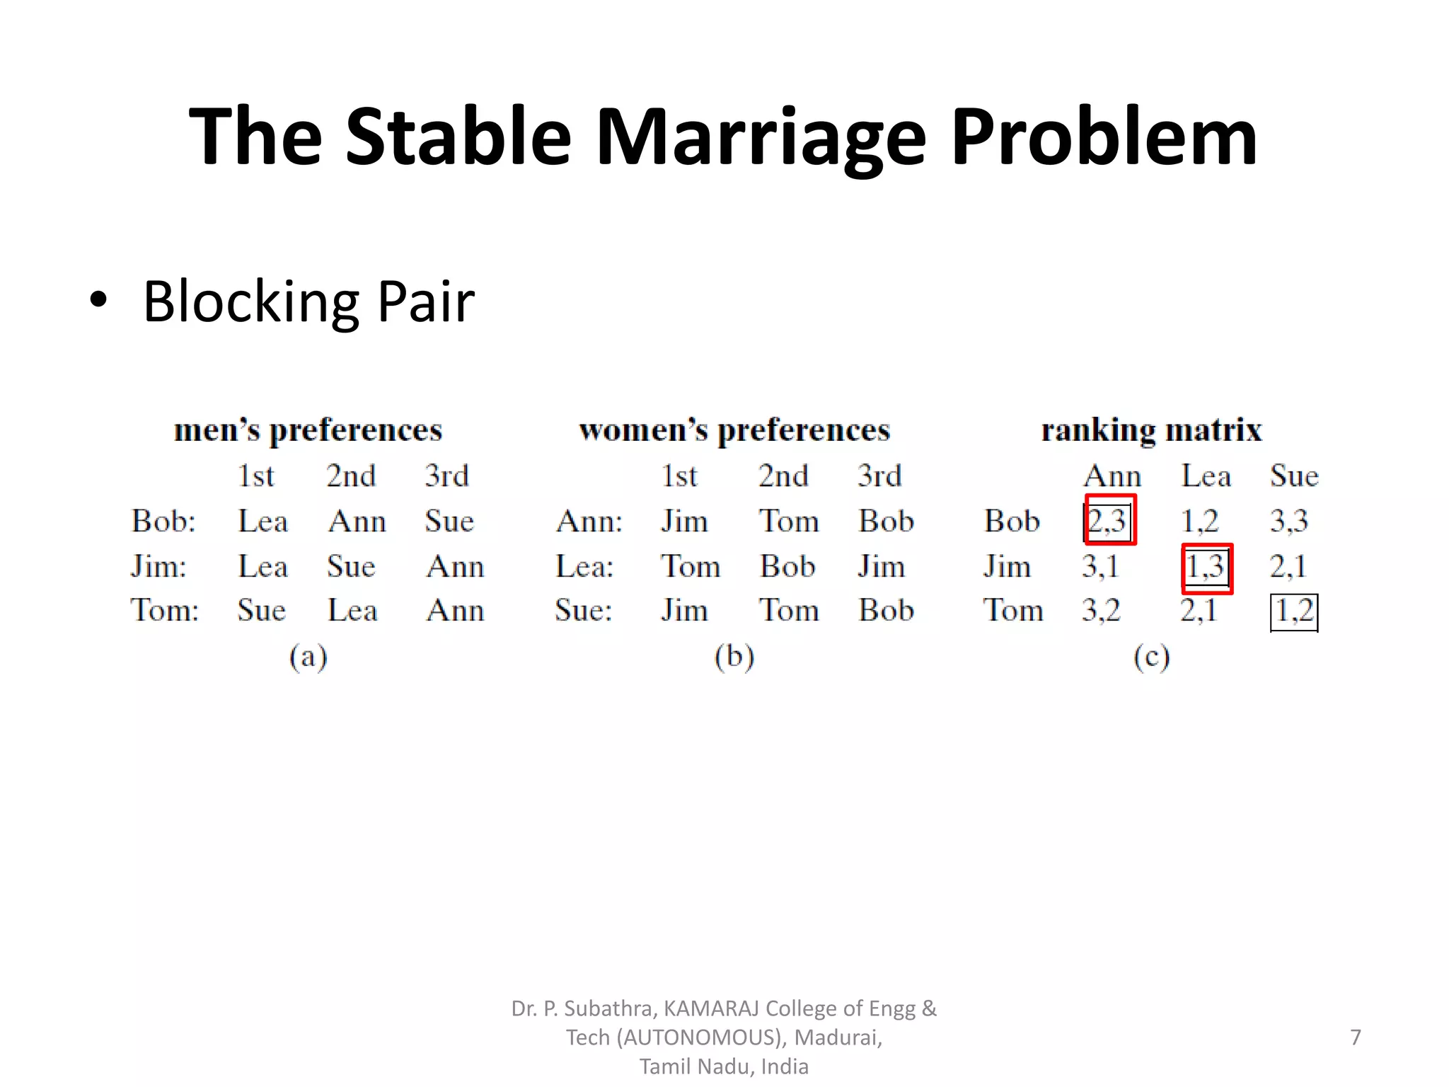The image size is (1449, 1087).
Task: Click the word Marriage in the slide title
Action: point(761,138)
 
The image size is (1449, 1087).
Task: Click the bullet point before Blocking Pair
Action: point(99,300)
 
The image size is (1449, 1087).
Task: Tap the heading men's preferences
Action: point(308,430)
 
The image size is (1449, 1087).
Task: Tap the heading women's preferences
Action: point(734,430)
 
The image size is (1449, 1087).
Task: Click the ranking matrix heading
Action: point(1151,430)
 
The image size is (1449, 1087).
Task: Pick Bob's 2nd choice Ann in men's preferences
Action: point(357,522)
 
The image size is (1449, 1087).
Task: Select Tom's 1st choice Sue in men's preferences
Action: point(261,610)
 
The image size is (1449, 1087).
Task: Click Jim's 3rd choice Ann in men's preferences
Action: point(455,566)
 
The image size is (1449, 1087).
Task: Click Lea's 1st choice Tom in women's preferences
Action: point(690,566)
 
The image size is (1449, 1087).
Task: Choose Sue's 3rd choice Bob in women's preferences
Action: point(886,610)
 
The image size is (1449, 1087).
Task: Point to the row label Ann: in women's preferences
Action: point(589,522)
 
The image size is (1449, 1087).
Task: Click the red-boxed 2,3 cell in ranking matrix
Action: point(1109,520)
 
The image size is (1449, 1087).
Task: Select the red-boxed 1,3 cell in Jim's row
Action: point(1206,568)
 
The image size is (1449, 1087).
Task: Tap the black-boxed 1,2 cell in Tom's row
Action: point(1294,611)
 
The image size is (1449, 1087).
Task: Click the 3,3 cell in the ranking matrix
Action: point(1288,522)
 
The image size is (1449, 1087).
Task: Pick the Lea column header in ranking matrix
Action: point(1206,476)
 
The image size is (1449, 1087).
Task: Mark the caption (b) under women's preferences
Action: point(734,657)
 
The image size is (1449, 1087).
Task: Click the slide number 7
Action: point(1355,1037)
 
